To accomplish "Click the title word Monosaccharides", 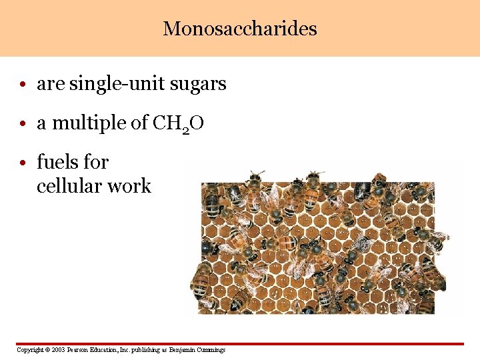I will (240, 29).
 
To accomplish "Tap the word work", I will (134, 186).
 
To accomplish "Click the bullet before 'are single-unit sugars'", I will (23, 85).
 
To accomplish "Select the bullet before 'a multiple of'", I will (23, 124).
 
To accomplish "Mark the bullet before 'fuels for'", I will (23, 163).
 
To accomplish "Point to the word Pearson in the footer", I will (80, 350).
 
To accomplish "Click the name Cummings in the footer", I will (211, 350).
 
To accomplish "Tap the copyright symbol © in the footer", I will (46, 350).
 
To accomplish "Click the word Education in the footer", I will (107, 350).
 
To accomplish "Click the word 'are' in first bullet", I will (47, 84).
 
